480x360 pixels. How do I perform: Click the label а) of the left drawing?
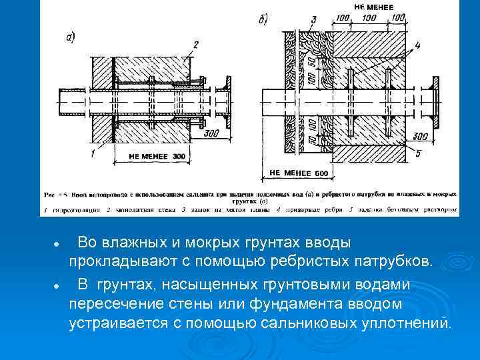tap(69, 37)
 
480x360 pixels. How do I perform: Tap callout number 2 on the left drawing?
tap(195, 45)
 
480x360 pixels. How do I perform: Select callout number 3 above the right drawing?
tap(314, 19)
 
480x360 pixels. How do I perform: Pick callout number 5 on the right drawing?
tap(417, 154)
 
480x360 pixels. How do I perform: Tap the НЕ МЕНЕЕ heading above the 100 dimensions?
tap(373, 6)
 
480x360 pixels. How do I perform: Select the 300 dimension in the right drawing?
tap(420, 137)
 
